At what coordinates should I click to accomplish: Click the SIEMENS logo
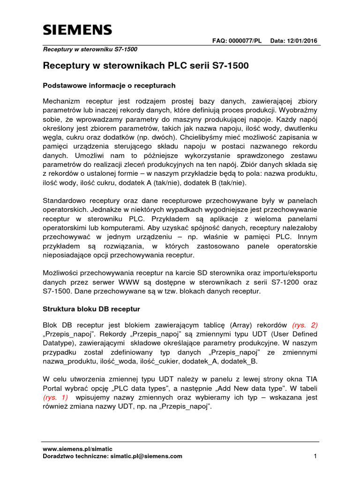click(x=78, y=30)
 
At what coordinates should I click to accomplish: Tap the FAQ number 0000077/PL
click(x=245, y=41)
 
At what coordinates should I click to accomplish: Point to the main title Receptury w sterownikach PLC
click(x=146, y=66)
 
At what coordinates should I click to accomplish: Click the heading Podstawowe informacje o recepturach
click(x=109, y=86)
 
